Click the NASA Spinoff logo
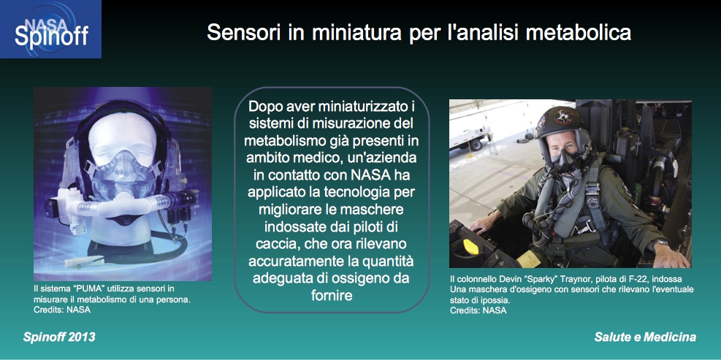[50, 29]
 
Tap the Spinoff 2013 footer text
[59, 337]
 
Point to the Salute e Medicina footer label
[645, 337]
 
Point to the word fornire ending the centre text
[332, 294]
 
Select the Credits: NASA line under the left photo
[62, 310]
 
